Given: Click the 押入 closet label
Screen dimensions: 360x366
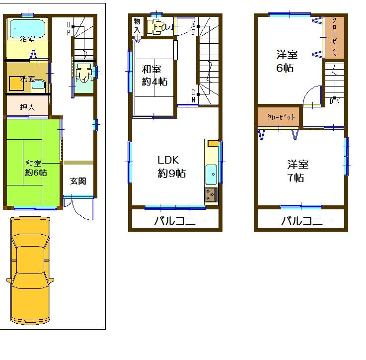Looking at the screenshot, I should click(x=27, y=106).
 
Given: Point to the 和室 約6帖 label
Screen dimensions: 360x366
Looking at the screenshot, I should click(x=36, y=168).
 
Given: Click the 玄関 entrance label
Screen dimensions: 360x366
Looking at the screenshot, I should click(x=78, y=181).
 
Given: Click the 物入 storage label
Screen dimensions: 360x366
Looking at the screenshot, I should click(x=137, y=26).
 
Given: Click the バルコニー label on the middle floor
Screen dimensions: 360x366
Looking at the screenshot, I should click(x=173, y=221).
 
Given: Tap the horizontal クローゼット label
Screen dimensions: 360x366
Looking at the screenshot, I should click(x=278, y=117).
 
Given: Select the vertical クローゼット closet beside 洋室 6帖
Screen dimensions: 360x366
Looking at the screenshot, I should click(x=334, y=37).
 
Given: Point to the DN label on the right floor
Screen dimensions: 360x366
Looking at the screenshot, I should click(x=335, y=102).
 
